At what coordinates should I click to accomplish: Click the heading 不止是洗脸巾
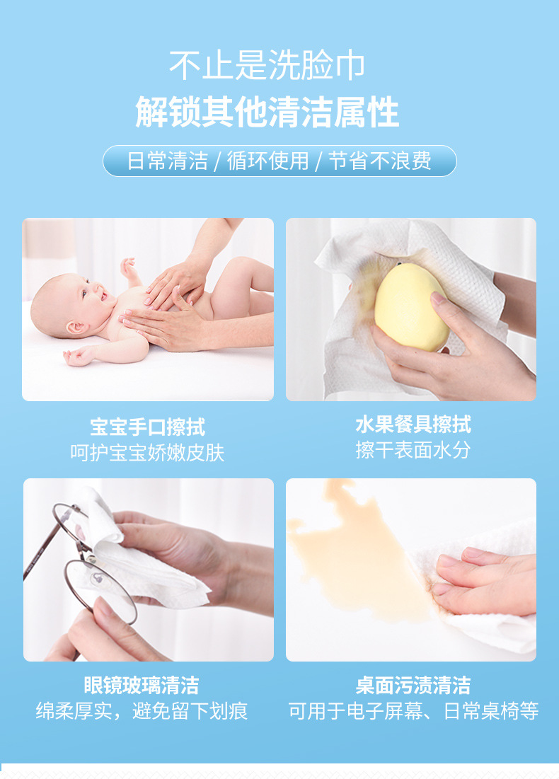(267, 66)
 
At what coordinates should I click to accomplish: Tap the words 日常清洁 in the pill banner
(167, 161)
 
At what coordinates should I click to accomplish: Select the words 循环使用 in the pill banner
(268, 161)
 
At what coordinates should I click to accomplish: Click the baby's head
(67, 304)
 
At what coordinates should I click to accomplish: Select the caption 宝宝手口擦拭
(147, 427)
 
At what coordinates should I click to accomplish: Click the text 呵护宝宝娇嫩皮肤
(147, 453)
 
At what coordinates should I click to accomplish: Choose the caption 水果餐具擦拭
(413, 425)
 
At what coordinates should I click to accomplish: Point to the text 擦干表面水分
(413, 450)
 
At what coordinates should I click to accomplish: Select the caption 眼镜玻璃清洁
(142, 685)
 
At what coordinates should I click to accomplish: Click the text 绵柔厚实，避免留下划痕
(142, 710)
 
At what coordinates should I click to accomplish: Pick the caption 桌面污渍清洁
(413, 685)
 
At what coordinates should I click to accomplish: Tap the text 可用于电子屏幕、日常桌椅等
(413, 710)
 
